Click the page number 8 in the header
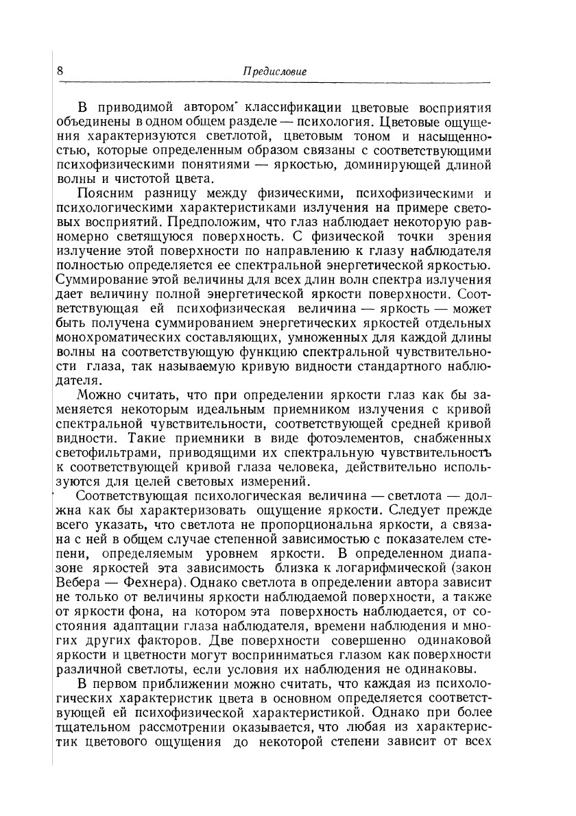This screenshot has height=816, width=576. (x=61, y=71)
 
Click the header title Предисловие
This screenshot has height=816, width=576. (x=276, y=72)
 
